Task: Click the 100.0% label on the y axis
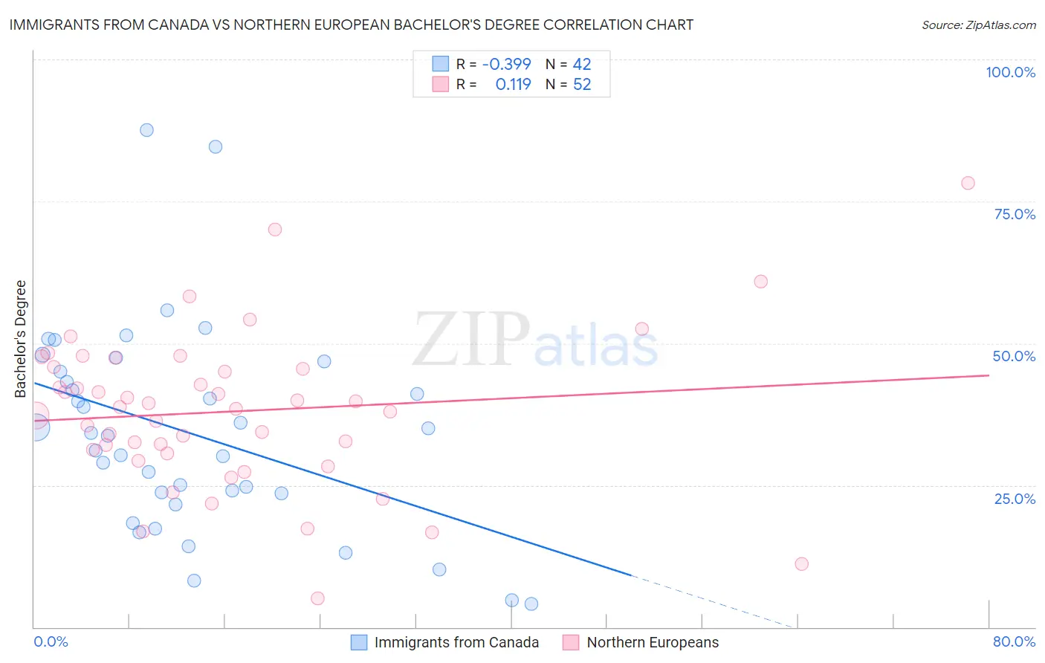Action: [x=1010, y=72]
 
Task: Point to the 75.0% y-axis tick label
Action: [x=1015, y=214]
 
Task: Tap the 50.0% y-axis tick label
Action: [x=1014, y=356]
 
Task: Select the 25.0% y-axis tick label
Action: [x=1015, y=498]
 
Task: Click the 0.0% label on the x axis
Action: [x=51, y=641]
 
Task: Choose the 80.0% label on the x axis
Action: [x=1014, y=641]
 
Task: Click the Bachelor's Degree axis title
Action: [x=21, y=339]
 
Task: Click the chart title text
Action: [x=351, y=25]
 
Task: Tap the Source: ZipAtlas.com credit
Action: [x=978, y=25]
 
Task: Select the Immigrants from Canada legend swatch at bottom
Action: [x=359, y=642]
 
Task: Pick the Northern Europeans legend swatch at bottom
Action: [x=571, y=642]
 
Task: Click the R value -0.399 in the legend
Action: [x=506, y=64]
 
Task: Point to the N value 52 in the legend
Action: [x=582, y=85]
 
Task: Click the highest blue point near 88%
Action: [x=146, y=130]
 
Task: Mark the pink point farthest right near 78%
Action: [x=968, y=183]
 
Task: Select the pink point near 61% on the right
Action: [x=760, y=281]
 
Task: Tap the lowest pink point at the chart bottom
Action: [x=317, y=598]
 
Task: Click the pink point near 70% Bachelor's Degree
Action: [x=275, y=230]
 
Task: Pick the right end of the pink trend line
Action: [x=989, y=375]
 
